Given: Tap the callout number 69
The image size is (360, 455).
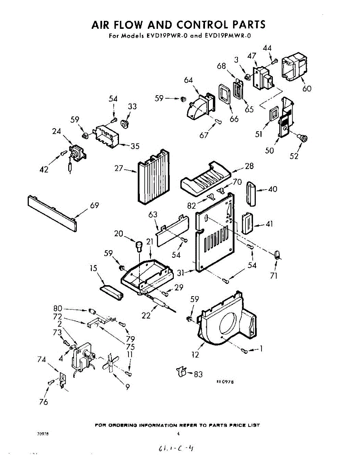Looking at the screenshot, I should [x=95, y=206].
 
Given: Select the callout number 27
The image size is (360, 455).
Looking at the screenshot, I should [x=119, y=168].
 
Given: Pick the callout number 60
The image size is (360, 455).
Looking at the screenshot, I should [x=307, y=89].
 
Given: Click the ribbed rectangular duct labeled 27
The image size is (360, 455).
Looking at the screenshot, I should [x=152, y=178].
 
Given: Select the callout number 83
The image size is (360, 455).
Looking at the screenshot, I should [x=198, y=375].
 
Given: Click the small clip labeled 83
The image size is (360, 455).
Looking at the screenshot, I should [x=182, y=372].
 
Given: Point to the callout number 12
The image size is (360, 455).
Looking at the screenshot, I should [x=196, y=355].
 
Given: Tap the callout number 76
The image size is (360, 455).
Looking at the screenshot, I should [x=44, y=402].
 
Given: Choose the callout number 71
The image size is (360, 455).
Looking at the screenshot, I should [x=274, y=276].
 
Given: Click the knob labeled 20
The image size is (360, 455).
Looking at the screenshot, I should [x=139, y=246].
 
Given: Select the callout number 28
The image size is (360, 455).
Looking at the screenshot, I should [x=249, y=166].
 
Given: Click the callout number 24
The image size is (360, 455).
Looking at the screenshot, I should [x=57, y=132].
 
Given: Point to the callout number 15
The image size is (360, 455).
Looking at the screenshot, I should [x=93, y=268].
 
